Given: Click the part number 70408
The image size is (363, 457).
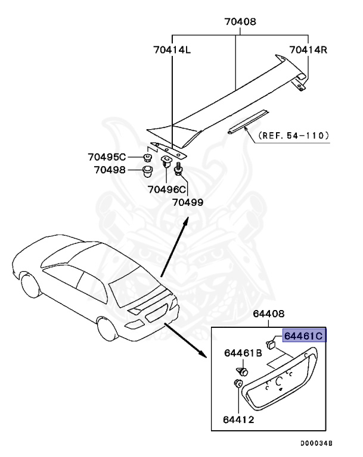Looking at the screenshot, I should (x=240, y=23).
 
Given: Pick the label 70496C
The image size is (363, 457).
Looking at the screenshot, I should (x=167, y=190).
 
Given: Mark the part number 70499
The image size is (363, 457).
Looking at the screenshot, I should (x=188, y=202).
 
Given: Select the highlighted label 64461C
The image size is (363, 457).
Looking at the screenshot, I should (x=303, y=336).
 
